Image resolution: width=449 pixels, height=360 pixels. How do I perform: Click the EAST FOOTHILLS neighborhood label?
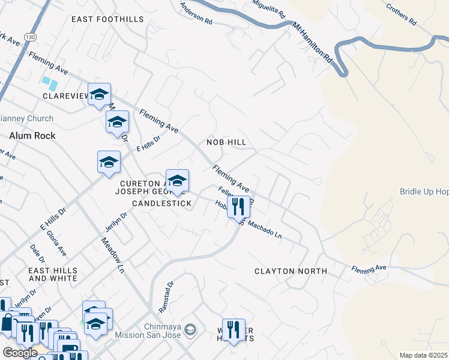pyautogui.click(x=107, y=19)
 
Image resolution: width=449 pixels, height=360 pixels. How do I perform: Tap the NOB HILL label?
pyautogui.click(x=227, y=142)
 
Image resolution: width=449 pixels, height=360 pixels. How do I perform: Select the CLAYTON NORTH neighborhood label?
pyautogui.click(x=291, y=271)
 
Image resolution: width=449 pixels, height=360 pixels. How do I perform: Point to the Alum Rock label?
pyautogui.click(x=32, y=136)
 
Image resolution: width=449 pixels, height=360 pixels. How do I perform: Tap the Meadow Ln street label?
pyautogui.click(x=112, y=252)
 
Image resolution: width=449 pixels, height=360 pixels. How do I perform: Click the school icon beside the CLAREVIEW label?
pyautogui.click(x=99, y=94)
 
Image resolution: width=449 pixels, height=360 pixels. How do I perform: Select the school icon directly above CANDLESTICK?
pyautogui.click(x=177, y=181)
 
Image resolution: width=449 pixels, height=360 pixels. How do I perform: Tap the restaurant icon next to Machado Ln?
pyautogui.click(x=239, y=207)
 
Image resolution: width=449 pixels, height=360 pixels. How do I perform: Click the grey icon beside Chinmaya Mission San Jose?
pyautogui.click(x=190, y=329)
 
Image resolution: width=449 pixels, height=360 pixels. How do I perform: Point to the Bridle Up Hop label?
pyautogui.click(x=424, y=191)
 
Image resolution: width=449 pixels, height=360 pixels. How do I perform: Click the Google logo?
pyautogui.click(x=20, y=353)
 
